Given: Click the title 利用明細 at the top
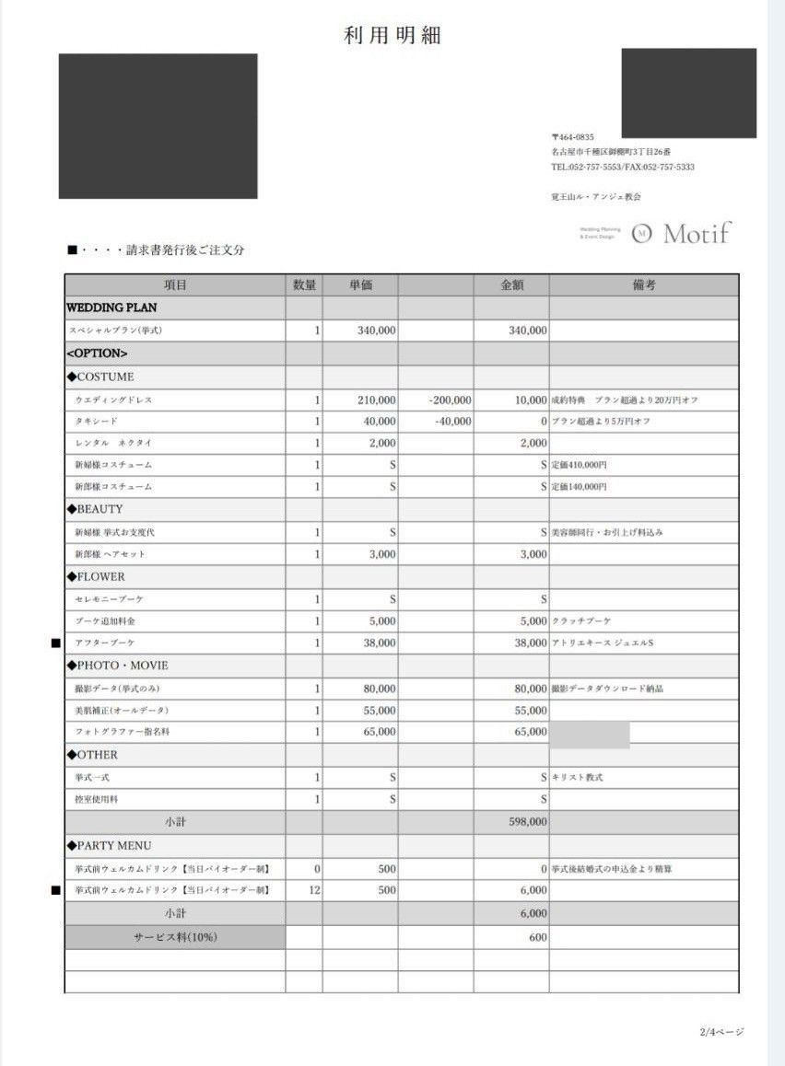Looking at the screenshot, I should [392, 36].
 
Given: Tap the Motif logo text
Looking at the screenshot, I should [697, 233].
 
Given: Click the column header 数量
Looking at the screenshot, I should [304, 285].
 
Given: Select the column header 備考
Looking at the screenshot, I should [644, 285].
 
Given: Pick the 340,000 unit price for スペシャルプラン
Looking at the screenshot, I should [377, 330].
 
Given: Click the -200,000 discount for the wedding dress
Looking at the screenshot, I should [450, 400].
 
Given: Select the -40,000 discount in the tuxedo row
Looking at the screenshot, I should [452, 422].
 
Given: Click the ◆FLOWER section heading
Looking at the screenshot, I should [96, 577].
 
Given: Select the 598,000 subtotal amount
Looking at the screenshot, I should [527, 822].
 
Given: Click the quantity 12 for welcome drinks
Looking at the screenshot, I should [315, 890].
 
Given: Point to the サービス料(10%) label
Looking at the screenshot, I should [175, 937].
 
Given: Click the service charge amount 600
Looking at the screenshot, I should [538, 937].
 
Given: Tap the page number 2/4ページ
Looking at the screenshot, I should [721, 1032].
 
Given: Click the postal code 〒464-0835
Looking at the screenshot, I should [573, 137].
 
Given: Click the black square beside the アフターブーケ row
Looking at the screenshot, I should [55, 643].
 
